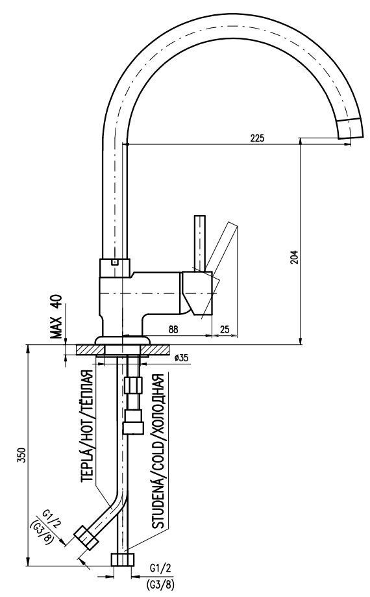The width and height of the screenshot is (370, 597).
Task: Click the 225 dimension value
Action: (257, 138)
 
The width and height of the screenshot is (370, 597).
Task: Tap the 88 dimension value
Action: (173, 329)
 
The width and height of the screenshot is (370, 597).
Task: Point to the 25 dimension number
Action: (225, 329)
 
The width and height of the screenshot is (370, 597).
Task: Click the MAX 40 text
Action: (56, 317)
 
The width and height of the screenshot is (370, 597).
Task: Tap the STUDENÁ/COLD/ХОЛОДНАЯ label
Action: (158, 451)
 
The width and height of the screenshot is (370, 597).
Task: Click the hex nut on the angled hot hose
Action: (85, 537)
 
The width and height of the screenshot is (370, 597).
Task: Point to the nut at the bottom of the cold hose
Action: (123, 559)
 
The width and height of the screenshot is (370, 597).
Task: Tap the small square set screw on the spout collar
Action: (114, 262)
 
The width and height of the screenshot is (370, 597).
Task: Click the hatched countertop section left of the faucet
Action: (87, 349)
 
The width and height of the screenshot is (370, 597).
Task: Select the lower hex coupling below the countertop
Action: (134, 422)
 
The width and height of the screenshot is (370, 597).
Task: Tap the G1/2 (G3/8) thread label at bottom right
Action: (160, 576)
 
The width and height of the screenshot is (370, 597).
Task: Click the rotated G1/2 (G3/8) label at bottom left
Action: (45, 527)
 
